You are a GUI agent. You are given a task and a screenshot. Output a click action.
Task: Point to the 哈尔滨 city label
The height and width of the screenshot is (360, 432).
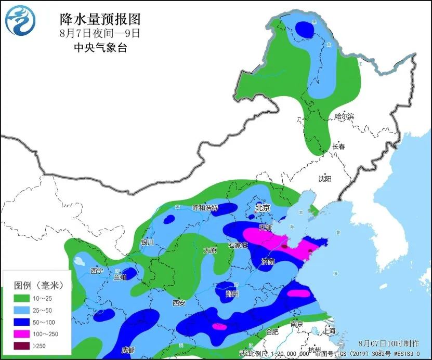pos(344,117)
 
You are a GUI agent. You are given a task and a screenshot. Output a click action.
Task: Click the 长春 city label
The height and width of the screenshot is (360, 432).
pos(338,146)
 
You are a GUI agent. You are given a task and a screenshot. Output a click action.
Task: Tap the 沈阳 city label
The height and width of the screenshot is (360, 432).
pos(325,179)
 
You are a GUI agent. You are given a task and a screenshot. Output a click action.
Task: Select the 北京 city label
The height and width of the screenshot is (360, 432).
pos(263,208)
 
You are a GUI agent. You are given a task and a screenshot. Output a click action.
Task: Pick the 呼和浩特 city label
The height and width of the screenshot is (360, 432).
pos(205,208)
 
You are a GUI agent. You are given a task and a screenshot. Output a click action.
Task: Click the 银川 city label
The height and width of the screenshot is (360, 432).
pos(148,242)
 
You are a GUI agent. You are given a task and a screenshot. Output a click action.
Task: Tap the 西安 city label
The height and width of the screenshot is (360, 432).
pos(179,303)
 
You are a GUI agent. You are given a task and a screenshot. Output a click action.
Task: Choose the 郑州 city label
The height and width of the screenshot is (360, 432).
pos(232,294)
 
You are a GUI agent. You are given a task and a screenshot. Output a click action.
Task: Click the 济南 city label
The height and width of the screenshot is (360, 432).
pos(268,262)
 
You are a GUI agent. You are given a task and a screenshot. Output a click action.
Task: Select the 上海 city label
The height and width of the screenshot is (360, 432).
pos(329,330)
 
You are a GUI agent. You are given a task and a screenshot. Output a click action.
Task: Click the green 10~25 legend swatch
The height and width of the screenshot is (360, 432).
pos(21,299)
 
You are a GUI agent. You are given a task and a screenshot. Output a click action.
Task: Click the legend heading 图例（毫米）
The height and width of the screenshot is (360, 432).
pos(38,285)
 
